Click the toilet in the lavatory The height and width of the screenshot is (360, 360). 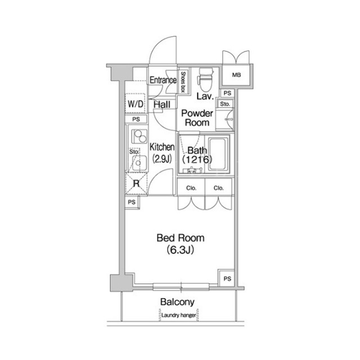tap(205, 80)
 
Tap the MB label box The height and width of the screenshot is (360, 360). tap(236, 75)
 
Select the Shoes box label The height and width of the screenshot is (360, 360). tap(183, 82)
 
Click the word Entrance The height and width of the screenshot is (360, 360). tap(163, 80)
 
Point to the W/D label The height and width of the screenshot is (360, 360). tap(136, 103)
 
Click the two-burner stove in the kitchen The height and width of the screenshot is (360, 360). tap(139, 136)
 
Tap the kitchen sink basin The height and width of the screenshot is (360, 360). tap(139, 163)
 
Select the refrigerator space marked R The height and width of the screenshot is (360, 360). tap(136, 183)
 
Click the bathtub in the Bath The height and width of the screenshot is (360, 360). tap(219, 154)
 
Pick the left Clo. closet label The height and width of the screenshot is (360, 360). tap(191, 188)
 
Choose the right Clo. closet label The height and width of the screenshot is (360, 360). tap(219, 188)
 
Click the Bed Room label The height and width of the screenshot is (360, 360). tap(181, 238)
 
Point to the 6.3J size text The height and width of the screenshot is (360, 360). tap(181, 250)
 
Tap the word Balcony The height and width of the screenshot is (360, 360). tap(177, 302)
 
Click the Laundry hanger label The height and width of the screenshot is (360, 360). tap(179, 315)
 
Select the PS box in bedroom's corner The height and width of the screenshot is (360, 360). tap(227, 279)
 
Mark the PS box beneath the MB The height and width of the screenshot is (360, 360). tap(227, 93)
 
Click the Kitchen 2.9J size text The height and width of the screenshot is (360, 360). tap(162, 159)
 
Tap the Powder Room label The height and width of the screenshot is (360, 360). tap(197, 118)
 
